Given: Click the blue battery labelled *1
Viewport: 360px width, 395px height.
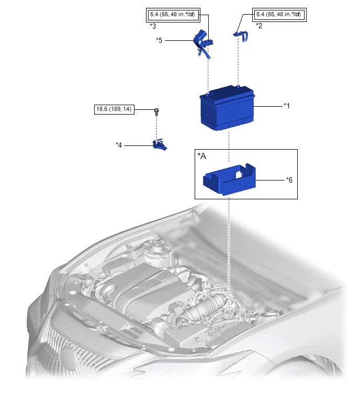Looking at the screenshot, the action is click(x=227, y=108).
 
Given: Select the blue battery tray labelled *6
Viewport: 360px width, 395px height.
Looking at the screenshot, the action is click(x=230, y=179).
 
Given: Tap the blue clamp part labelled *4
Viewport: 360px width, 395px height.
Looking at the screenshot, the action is click(x=160, y=144).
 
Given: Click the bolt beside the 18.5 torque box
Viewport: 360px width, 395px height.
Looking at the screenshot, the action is click(x=156, y=112).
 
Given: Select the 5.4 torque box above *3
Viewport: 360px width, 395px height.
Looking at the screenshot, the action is click(x=173, y=15).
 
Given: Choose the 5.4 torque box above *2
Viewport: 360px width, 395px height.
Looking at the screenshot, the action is click(x=279, y=15).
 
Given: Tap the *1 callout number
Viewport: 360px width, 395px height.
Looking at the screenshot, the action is click(x=287, y=106).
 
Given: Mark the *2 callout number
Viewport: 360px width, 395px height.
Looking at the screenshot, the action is click(x=259, y=26).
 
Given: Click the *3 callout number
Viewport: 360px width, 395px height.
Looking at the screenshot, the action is click(x=153, y=26).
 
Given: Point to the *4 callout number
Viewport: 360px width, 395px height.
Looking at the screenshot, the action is click(x=119, y=145).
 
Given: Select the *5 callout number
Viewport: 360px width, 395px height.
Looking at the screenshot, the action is click(x=159, y=40).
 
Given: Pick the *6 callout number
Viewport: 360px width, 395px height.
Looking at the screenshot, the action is click(x=289, y=180).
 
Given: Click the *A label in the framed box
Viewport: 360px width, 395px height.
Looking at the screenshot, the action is click(x=202, y=156).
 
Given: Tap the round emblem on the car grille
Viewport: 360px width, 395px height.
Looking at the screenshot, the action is click(x=67, y=357).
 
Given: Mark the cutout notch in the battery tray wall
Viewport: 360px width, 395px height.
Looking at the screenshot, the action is click(x=239, y=174).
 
